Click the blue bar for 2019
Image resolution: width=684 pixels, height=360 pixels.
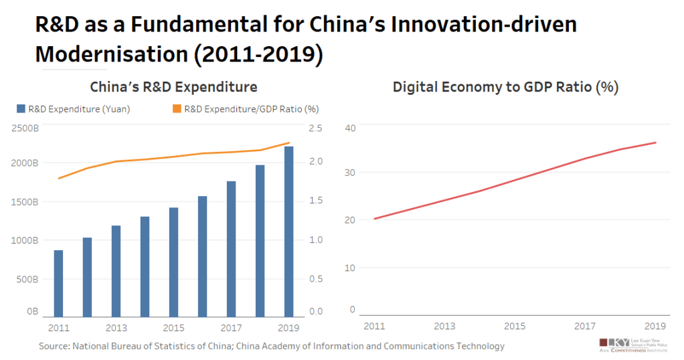pyautogui.click(x=288, y=231)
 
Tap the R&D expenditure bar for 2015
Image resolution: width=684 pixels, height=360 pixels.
pyautogui.click(x=173, y=262)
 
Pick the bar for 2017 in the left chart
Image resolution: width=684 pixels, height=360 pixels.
pyautogui.click(x=231, y=248)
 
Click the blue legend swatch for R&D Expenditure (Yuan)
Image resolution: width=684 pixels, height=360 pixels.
pyautogui.click(x=21, y=108)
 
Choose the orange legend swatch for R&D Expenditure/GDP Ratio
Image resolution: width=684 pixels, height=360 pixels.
pyautogui.click(x=177, y=108)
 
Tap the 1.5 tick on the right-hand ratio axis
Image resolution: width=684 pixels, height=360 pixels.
pyautogui.click(x=315, y=201)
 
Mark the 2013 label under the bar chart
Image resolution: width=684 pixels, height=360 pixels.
pyautogui.click(x=116, y=328)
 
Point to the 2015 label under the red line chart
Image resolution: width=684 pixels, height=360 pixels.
pyautogui.click(x=514, y=326)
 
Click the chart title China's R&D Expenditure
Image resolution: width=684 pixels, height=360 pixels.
pyautogui.click(x=174, y=87)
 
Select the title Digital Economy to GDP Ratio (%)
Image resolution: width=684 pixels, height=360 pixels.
pyautogui.click(x=505, y=87)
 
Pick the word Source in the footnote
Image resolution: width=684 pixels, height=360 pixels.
pyautogui.click(x=56, y=346)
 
